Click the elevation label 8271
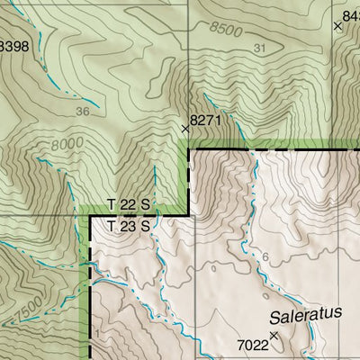[x=206, y=119]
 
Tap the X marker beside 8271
[x=185, y=130]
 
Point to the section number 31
[x=261, y=48]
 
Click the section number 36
[x=83, y=112]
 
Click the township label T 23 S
[x=127, y=226]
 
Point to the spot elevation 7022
[x=253, y=345]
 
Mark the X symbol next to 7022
[x=274, y=335]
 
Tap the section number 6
[x=265, y=257]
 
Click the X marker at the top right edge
[x=337, y=27]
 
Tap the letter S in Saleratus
[x=273, y=317]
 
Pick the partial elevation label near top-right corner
[x=352, y=15]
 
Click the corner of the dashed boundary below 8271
[x=189, y=149]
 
